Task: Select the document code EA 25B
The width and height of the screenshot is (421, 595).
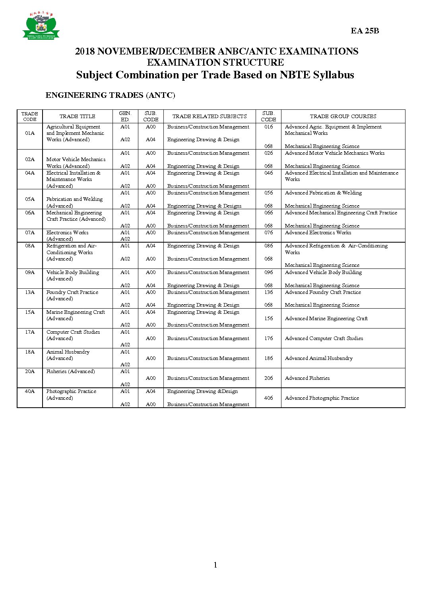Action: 365,31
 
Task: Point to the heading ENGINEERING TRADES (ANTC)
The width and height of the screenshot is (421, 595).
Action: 110,95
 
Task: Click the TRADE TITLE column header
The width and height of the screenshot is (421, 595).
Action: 77,117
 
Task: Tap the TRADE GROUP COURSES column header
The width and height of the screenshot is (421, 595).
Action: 343,117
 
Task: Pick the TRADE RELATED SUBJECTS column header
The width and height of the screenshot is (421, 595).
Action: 209,117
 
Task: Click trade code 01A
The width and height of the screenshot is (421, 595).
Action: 30,133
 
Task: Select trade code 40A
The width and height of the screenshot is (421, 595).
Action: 30,391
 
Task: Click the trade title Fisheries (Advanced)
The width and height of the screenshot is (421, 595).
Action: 70,371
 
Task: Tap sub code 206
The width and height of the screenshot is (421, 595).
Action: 269,378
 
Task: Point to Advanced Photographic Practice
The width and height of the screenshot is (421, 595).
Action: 322,398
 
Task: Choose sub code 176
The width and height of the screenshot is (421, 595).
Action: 269,338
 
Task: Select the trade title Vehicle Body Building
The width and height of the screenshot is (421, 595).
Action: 72,272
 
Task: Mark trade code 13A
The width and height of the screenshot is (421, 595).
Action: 30,292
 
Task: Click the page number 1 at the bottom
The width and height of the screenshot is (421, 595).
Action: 215,565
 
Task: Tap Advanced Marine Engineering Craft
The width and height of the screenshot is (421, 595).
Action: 326,319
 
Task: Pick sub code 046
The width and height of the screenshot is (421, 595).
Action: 269,173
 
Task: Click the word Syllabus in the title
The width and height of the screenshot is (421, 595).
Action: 333,75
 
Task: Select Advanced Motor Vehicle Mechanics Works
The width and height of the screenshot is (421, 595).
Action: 334,153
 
